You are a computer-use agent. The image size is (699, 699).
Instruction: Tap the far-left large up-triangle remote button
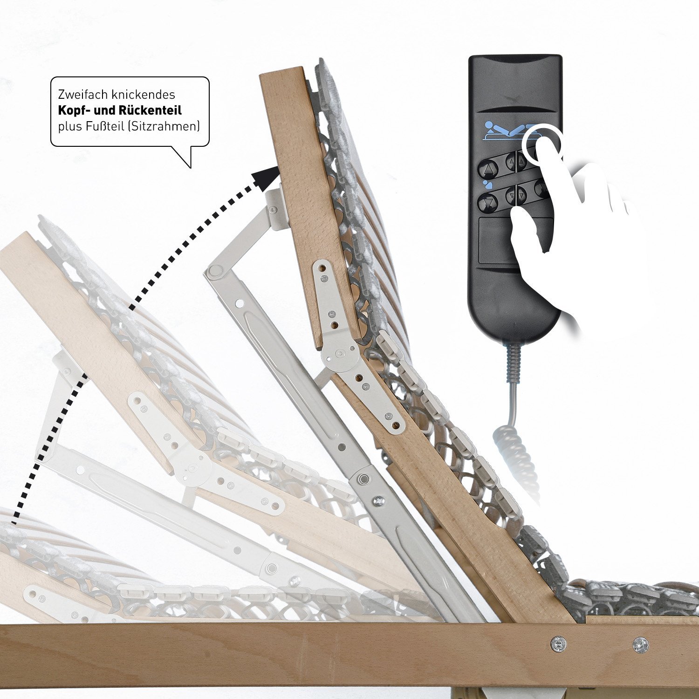coord(487,166)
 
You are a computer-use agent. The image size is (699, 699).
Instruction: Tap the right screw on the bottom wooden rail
coord(640,644)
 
